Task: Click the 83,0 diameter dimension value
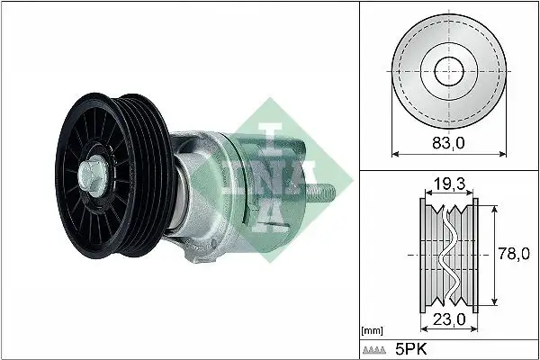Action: pyautogui.click(x=446, y=140)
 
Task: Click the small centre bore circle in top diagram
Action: pyautogui.click(x=446, y=71)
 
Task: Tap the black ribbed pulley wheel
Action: pyautogui.click(x=99, y=171)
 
